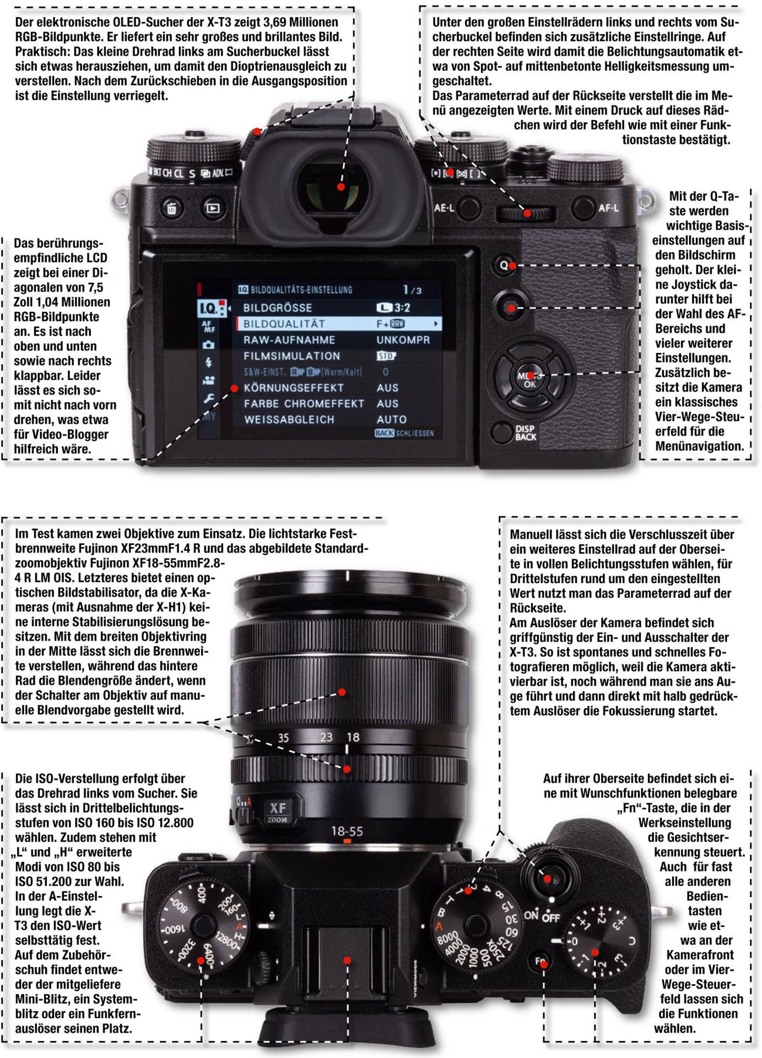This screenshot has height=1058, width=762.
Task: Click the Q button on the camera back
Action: click(504, 266)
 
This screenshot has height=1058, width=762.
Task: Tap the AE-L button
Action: click(468, 208)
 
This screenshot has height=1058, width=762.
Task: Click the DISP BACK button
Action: click(501, 433)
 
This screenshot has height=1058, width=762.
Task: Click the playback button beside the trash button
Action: click(213, 208)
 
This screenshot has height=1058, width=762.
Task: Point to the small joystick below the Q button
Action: click(510, 306)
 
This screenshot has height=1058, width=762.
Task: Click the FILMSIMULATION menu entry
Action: click(292, 356)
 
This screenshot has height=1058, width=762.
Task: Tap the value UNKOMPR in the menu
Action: click(403, 340)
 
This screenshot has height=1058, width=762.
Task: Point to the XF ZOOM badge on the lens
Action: click(277, 811)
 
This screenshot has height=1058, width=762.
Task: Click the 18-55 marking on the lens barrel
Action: click(347, 831)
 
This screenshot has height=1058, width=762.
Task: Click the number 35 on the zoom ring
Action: click(283, 738)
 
